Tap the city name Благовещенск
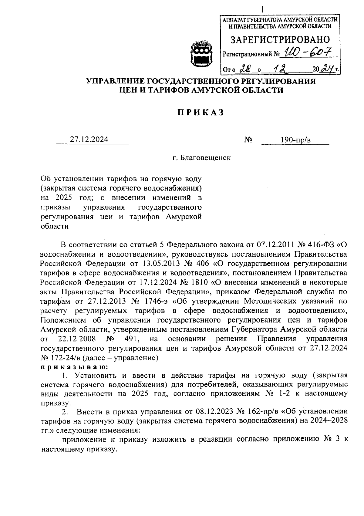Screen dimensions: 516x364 [x=205, y=158]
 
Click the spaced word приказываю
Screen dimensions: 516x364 [x=74, y=367]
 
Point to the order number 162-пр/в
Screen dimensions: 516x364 [x=263, y=412]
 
